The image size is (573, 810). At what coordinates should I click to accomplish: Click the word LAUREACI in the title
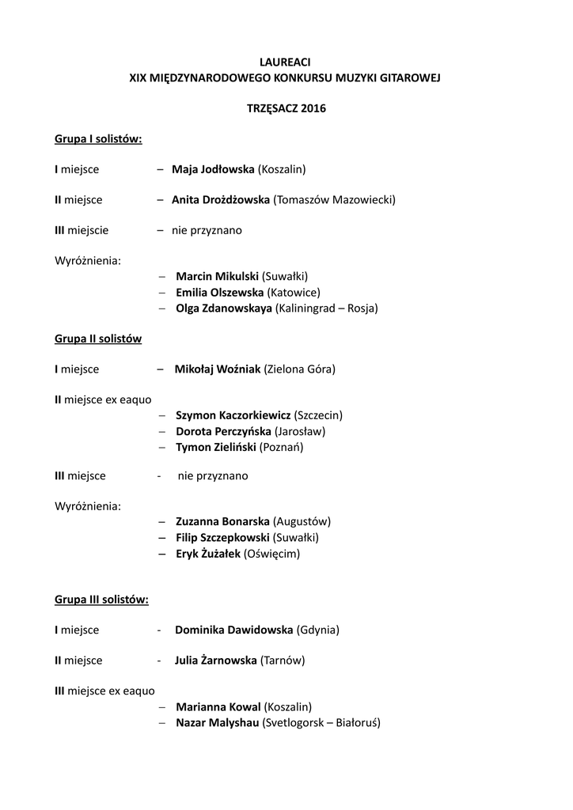pyautogui.click(x=286, y=62)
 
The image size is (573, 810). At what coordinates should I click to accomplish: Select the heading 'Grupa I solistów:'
pyautogui.click(x=98, y=139)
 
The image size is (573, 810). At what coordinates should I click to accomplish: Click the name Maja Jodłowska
pyautogui.click(x=213, y=169)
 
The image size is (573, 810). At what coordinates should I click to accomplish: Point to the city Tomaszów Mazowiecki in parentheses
pyautogui.click(x=334, y=200)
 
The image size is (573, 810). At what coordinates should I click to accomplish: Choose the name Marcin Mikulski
pyautogui.click(x=217, y=277)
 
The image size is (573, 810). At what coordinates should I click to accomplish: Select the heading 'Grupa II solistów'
pyautogui.click(x=98, y=339)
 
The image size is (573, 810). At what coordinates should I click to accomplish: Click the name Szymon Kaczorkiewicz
pyautogui.click(x=233, y=415)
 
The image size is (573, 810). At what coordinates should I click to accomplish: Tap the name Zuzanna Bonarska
pyautogui.click(x=222, y=522)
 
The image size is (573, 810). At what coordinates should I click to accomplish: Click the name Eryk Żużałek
pyautogui.click(x=207, y=554)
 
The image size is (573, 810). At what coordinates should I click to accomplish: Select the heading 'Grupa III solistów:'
pyautogui.click(x=101, y=600)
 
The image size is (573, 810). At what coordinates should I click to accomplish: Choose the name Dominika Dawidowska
pyautogui.click(x=233, y=630)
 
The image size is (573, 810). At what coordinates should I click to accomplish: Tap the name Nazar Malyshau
pyautogui.click(x=218, y=722)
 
